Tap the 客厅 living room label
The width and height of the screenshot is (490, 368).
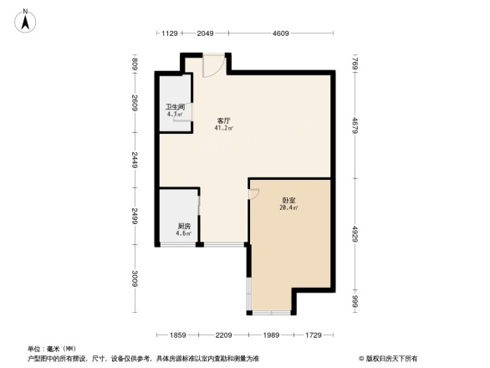pos(224,120)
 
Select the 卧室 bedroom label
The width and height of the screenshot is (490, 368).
pos(288,200)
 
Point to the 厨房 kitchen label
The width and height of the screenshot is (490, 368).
pos(184,226)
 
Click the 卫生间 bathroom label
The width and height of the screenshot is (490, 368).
pos(175,106)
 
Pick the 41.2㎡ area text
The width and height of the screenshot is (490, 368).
pos(225,129)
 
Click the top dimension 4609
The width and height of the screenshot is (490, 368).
pos(280,33)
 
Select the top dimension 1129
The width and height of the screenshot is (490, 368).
pos(170,33)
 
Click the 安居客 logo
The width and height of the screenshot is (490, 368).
pos(390,358)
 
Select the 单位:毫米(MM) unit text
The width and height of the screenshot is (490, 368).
pos(53,350)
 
